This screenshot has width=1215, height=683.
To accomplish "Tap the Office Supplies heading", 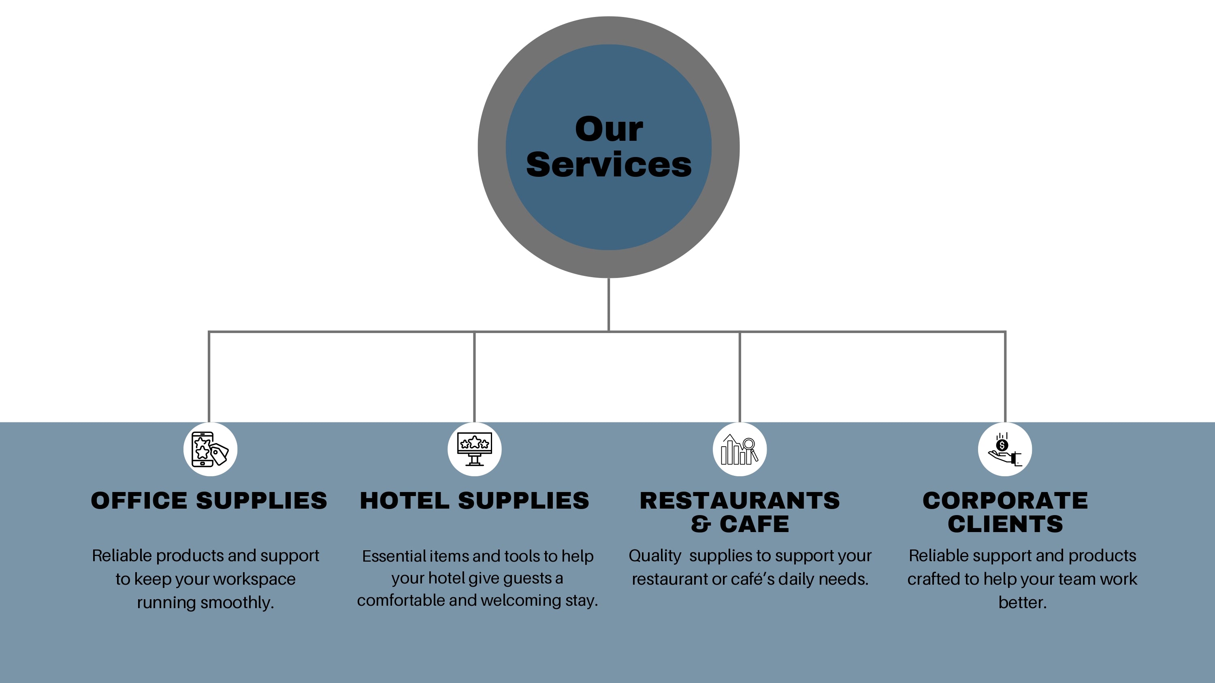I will (x=209, y=501).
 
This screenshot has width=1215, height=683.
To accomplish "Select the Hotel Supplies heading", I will (x=475, y=501).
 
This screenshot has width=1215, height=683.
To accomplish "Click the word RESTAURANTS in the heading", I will (x=740, y=501).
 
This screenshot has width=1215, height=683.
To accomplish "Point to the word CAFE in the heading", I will (x=754, y=524).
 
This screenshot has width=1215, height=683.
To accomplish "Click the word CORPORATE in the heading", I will (x=1005, y=501).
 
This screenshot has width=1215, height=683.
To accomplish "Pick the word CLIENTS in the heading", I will (x=1005, y=524).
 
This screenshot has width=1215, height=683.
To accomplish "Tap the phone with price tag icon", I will (x=210, y=449).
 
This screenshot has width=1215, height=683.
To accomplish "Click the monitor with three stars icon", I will (x=475, y=449).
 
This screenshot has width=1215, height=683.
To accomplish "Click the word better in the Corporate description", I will (x=1022, y=603).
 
